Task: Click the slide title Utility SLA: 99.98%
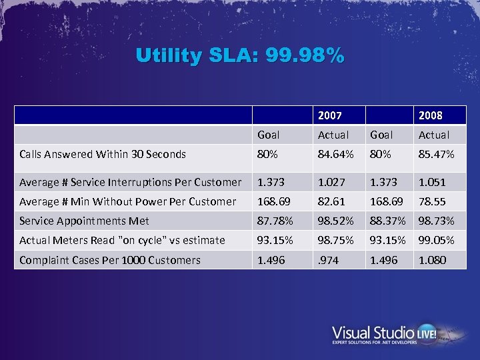(x=240, y=55)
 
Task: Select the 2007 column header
(x=329, y=115)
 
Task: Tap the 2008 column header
(x=430, y=115)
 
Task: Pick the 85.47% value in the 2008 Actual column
(x=436, y=154)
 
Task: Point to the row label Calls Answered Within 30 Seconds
(x=103, y=154)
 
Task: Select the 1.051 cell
(x=432, y=182)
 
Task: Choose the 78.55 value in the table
(x=432, y=201)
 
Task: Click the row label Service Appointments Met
(x=84, y=221)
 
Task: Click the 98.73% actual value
(x=436, y=221)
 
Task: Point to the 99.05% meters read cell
(x=436, y=240)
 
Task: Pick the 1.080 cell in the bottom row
(x=432, y=260)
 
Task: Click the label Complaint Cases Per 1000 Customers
(x=110, y=260)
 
